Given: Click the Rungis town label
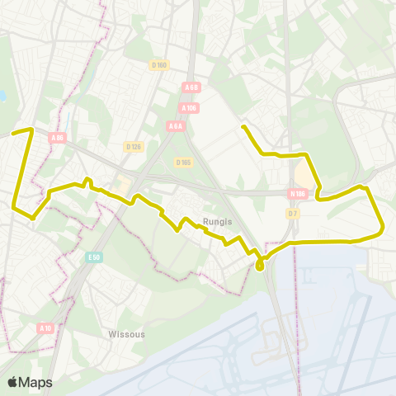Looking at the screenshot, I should [x=216, y=220].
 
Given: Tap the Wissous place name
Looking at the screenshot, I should [x=126, y=334].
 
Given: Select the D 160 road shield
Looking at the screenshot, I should [x=159, y=64].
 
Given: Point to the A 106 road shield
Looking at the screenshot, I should [x=188, y=106].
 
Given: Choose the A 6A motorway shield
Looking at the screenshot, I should [x=175, y=125].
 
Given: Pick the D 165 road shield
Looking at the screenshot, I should [x=183, y=163].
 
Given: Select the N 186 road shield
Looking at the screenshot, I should [x=298, y=194].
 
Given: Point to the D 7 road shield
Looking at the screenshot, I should [x=292, y=214].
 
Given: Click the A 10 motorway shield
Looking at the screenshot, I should [x=45, y=328].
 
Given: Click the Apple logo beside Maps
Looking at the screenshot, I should [x=13, y=382].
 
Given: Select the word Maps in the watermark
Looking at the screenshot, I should [x=37, y=382].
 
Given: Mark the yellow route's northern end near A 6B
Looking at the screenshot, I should [x=243, y=126].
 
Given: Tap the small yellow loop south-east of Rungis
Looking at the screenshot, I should [x=260, y=265].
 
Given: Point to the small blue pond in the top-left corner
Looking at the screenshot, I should [x=2, y=97].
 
